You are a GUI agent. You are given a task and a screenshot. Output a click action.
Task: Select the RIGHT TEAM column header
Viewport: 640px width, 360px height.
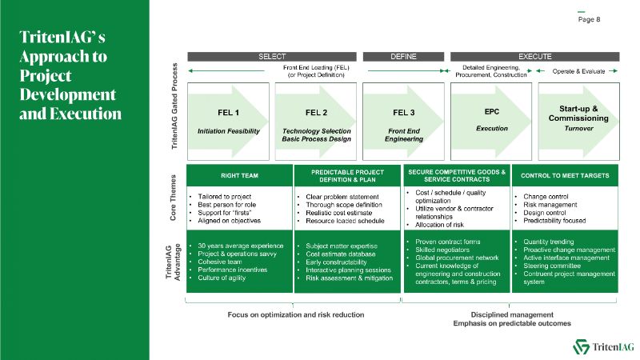coord(238,175)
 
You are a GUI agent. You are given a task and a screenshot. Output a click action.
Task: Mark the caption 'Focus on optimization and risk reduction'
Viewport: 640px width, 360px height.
coord(293,314)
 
